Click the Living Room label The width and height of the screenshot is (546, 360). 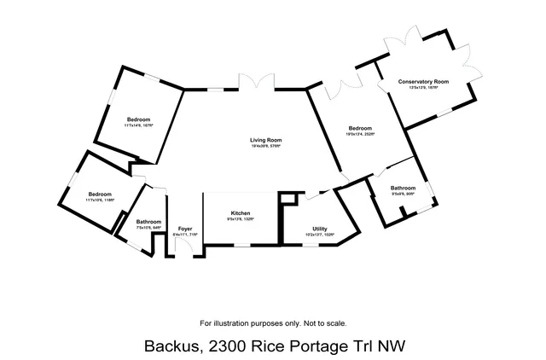click(265, 140)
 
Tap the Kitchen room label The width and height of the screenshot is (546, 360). click(240, 212)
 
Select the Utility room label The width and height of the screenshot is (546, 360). click(320, 229)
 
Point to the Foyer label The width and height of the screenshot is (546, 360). click(185, 228)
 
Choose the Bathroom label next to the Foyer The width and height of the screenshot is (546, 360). click(148, 222)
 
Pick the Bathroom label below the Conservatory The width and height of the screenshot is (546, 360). click(403, 188)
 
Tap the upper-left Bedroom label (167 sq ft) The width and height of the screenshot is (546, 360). click(139, 119)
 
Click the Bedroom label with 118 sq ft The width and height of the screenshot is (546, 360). click(100, 194)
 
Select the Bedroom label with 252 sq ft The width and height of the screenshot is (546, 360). click(360, 128)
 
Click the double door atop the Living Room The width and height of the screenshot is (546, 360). click(257, 84)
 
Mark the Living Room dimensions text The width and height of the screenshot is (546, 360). click(265, 146)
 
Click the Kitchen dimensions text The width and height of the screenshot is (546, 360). click(240, 219)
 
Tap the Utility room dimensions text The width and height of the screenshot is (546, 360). click(320, 235)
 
